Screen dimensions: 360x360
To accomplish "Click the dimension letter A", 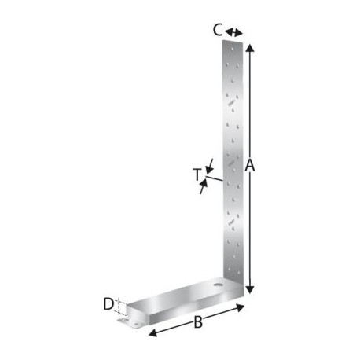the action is pos(250,166).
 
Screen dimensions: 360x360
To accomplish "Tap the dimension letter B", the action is pos(198,322).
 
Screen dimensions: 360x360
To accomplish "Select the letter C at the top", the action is pos(218,30).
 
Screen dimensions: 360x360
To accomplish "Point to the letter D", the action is pos(108,304).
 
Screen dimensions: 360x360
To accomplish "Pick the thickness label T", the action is pos(197,174).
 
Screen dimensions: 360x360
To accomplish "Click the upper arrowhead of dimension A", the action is pos(250,48).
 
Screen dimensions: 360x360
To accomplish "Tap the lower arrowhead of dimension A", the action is pos(250,290).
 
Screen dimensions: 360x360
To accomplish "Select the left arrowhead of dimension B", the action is pos(152,333).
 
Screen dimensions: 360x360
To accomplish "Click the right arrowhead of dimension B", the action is pos(240,308).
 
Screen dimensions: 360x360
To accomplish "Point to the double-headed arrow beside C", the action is pos(233,32).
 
